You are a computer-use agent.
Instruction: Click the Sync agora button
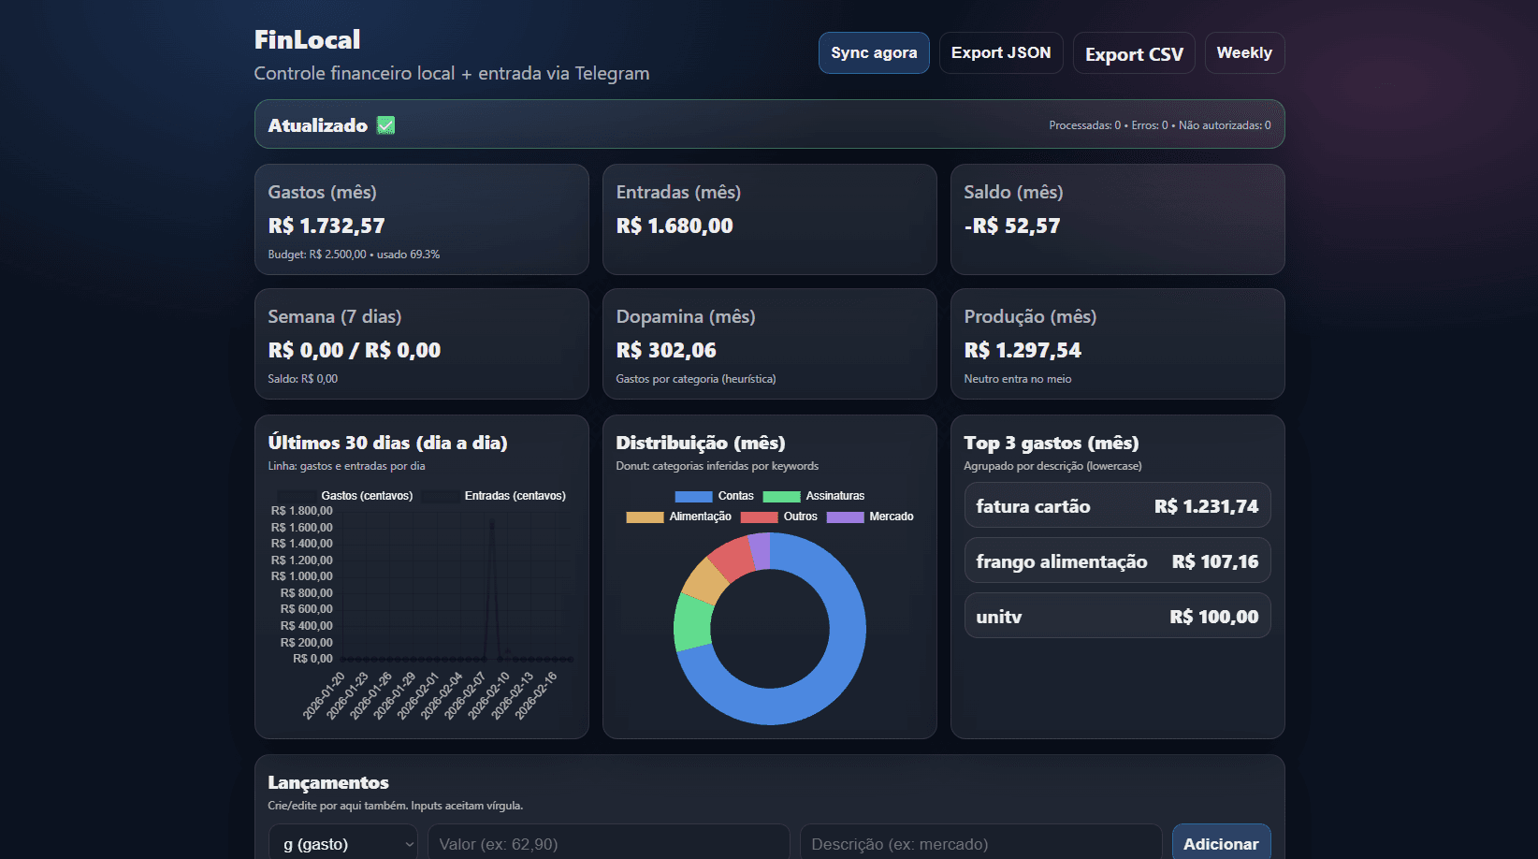pos(874,53)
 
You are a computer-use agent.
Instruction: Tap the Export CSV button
pos(1134,54)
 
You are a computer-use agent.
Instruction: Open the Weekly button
pos(1244,53)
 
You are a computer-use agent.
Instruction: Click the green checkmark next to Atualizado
pos(385,125)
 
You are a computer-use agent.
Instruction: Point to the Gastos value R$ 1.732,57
pos(326,226)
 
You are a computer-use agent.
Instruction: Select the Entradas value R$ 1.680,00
pos(675,226)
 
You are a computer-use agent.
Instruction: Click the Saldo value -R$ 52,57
pos(1012,226)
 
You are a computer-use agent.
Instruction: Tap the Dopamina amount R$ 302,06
pos(666,351)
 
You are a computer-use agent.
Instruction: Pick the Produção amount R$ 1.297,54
pos(1023,351)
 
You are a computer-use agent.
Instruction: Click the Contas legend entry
pos(715,496)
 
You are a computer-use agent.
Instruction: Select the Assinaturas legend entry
pos(814,496)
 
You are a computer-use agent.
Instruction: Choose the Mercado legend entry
pos(870,517)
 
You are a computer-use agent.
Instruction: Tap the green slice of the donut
pos(692,622)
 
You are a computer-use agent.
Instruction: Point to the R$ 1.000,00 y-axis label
pos(302,576)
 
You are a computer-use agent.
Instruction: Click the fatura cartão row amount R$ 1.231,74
pos(1206,506)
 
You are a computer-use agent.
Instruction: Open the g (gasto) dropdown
pos(343,844)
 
